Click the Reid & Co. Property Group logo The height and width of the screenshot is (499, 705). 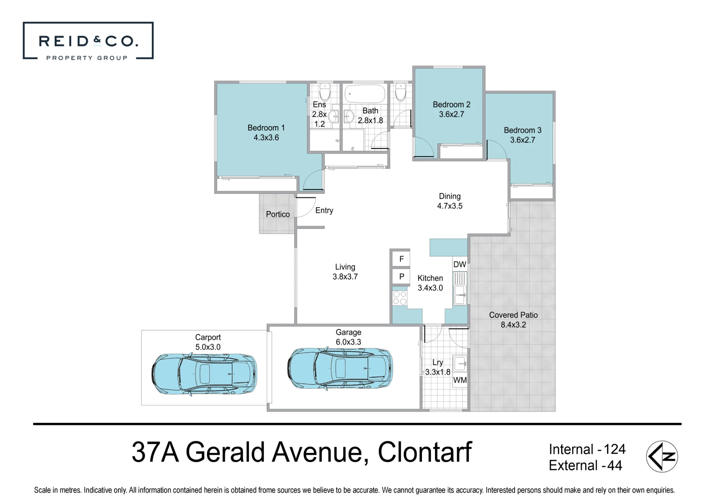88,40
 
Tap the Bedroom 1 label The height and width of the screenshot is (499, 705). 266,128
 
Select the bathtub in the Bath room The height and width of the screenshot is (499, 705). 365,94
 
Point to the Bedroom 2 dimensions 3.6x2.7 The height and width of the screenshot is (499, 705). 452,114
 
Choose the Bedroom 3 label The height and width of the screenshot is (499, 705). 523,130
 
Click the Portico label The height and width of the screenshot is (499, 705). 278,214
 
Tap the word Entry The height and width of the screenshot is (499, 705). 324,211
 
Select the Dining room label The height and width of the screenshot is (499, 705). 450,196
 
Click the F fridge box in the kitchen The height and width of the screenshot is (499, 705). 401,259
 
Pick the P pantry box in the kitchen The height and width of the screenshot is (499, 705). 401,276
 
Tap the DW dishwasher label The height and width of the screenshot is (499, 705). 460,264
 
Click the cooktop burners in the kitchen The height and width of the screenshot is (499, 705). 400,298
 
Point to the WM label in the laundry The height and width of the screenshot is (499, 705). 460,380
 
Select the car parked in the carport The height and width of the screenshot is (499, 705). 204,374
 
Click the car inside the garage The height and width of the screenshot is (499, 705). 340,369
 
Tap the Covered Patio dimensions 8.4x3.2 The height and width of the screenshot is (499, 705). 513,325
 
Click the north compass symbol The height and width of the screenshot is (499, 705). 662,456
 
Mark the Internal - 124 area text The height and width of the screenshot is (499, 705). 587,449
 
